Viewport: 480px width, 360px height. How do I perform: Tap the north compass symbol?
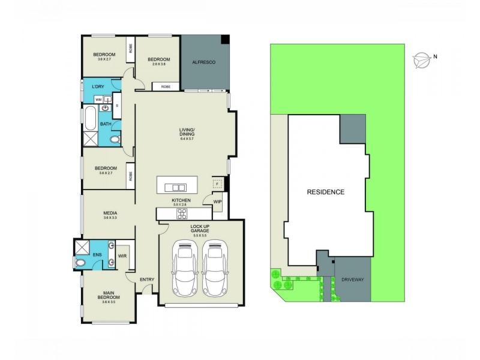pos(422,59)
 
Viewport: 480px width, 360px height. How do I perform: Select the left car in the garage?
pos(185,269)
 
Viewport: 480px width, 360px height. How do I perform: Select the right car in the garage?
pos(215,269)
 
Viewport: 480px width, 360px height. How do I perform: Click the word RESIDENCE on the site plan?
pos(326,192)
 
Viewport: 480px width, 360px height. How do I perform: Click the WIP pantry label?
pos(217,202)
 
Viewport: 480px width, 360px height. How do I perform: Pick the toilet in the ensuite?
pos(81,262)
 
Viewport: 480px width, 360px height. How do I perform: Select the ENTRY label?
pos(147,280)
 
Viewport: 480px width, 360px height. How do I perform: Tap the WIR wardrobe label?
pos(122,256)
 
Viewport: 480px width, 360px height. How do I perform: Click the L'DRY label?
pos(98,87)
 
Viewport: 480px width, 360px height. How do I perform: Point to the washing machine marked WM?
pos(98,100)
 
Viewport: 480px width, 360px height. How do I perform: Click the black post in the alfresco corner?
pos(225,39)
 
